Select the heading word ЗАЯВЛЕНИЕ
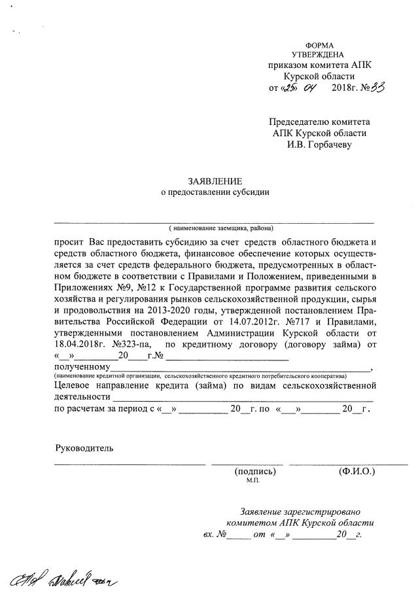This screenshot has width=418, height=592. coord(215,181)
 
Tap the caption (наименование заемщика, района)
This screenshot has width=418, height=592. coord(220,228)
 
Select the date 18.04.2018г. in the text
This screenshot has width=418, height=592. coord(80,344)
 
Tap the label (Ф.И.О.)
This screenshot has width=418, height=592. coord(356,471)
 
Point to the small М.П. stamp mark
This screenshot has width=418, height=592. coord(253,481)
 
